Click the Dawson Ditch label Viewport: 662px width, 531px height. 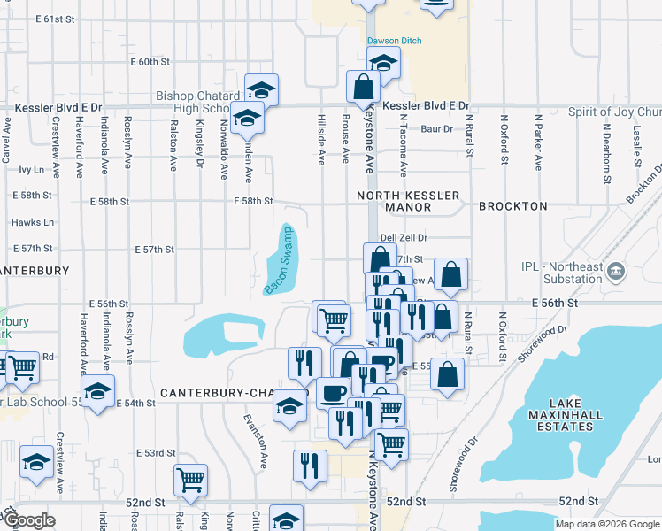395,41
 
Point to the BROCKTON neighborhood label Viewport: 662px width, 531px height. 513,206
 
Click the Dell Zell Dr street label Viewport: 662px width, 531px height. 404,238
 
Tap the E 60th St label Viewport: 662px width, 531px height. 150,62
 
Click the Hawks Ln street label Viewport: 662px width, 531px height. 34,223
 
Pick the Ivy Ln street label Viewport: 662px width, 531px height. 31,168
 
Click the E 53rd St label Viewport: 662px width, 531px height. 156,453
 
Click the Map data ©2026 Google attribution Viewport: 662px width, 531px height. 607,524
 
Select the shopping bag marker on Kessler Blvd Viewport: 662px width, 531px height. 363,87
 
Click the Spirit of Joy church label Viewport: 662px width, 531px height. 613,112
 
